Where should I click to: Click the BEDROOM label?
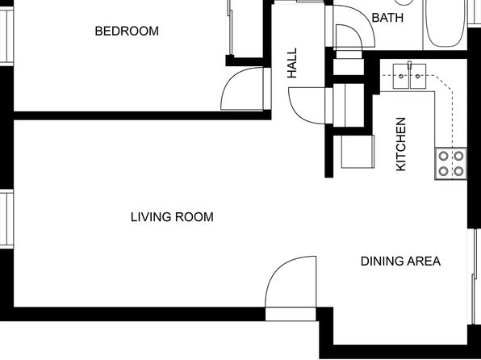(x=127, y=31)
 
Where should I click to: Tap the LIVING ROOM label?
(x=172, y=217)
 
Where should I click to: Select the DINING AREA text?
(x=400, y=262)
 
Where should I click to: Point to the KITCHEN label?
(x=401, y=144)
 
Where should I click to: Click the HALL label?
(x=291, y=63)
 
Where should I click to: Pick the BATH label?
(x=387, y=18)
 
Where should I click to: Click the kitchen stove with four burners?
(x=450, y=164)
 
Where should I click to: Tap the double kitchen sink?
(x=409, y=76)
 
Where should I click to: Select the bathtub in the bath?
(x=445, y=24)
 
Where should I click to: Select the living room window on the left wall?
(x=6, y=219)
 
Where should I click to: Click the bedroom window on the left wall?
(x=6, y=36)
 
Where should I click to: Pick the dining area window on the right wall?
(x=475, y=276)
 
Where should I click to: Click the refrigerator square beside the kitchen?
(x=358, y=152)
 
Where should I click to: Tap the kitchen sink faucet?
(x=409, y=67)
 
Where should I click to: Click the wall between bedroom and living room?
(x=142, y=115)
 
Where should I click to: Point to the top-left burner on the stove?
(x=443, y=157)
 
